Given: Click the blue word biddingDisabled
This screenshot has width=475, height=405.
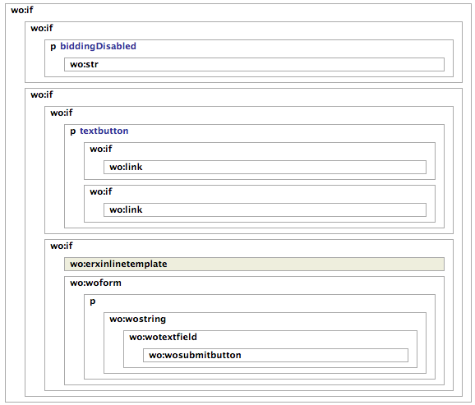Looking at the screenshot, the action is pyautogui.click(x=98, y=46).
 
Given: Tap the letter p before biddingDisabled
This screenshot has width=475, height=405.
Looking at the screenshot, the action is pyautogui.click(x=53, y=47).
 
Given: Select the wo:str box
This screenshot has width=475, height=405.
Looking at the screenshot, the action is pyautogui.click(x=254, y=65).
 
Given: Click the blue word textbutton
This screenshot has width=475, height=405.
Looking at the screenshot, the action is pyautogui.click(x=104, y=131).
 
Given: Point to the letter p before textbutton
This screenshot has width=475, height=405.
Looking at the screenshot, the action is pyautogui.click(x=73, y=131).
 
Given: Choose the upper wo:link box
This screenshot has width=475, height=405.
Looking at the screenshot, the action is pyautogui.click(x=265, y=168).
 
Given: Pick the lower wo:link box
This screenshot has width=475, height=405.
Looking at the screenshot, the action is pyautogui.click(x=265, y=210).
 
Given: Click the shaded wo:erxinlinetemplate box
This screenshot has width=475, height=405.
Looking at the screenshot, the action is pyautogui.click(x=254, y=265).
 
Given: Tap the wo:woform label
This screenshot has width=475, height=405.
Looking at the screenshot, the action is pyautogui.click(x=95, y=283).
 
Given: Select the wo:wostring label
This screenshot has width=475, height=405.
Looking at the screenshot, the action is pyautogui.click(x=138, y=320).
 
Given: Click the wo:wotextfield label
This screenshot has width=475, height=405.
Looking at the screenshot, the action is pyautogui.click(x=163, y=337).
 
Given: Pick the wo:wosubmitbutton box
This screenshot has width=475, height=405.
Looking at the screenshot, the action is pyautogui.click(x=275, y=356).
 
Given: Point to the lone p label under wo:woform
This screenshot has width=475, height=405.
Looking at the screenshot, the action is pyautogui.click(x=93, y=301).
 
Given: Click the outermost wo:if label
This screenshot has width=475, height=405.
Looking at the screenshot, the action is pyautogui.click(x=22, y=10).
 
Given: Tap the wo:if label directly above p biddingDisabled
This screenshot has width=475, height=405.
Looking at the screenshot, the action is pyautogui.click(x=42, y=28).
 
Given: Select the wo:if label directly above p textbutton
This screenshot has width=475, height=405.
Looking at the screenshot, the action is pyautogui.click(x=62, y=113).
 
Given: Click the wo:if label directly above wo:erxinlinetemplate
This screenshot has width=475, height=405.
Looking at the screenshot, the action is pyautogui.click(x=62, y=246).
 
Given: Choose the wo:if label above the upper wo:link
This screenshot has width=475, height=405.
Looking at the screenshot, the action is pyautogui.click(x=101, y=149).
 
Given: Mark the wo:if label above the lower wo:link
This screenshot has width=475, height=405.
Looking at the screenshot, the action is pyautogui.click(x=101, y=191).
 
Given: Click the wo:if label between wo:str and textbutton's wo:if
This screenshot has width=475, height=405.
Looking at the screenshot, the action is pyautogui.click(x=42, y=94).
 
